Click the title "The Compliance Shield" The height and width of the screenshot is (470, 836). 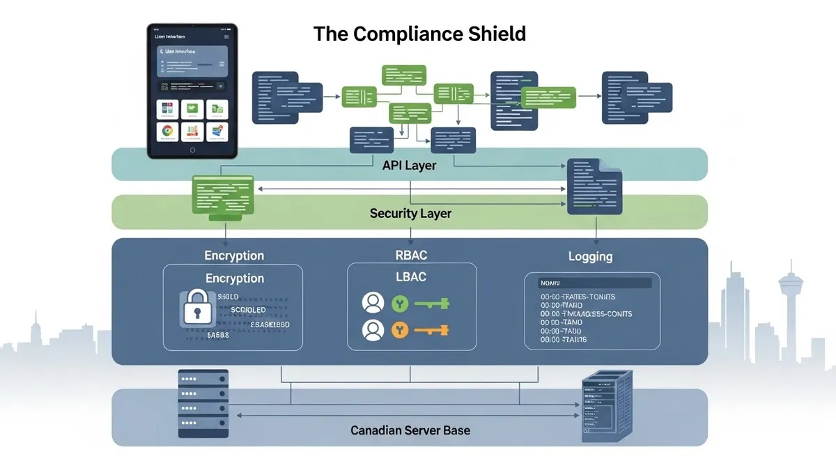pyautogui.click(x=419, y=33)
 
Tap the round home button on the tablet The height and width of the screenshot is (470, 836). pyautogui.click(x=193, y=150)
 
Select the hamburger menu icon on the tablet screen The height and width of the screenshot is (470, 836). pyautogui.click(x=226, y=37)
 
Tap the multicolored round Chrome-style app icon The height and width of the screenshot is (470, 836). pyautogui.click(x=167, y=130)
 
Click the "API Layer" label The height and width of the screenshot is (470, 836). pyautogui.click(x=410, y=165)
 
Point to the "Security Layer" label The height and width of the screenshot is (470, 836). pyautogui.click(x=410, y=213)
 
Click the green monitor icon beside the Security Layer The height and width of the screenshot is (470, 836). pyautogui.click(x=224, y=196)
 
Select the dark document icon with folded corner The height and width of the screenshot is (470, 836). pyautogui.click(x=594, y=186)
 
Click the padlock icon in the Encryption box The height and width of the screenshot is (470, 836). pyautogui.click(x=195, y=307)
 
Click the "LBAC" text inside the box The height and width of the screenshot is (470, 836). pyautogui.click(x=410, y=276)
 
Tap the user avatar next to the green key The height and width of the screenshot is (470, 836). pyautogui.click(x=373, y=303)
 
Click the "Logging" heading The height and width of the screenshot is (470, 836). pyautogui.click(x=590, y=256)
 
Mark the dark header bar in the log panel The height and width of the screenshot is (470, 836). pyautogui.click(x=596, y=283)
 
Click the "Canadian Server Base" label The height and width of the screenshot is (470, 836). pyautogui.click(x=410, y=430)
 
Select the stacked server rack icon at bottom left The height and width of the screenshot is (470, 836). pyautogui.click(x=203, y=403)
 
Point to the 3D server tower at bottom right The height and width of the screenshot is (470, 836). pyautogui.click(x=606, y=407)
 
